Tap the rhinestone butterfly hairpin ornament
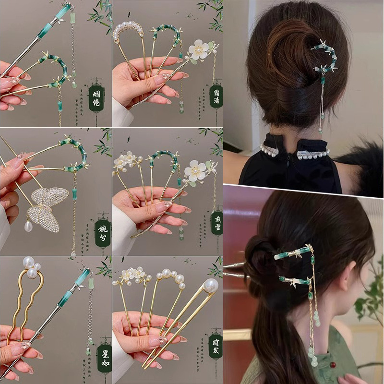[46, 207]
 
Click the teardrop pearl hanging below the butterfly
[28, 226]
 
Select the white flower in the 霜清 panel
[199, 49]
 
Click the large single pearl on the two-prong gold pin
[210, 286]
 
